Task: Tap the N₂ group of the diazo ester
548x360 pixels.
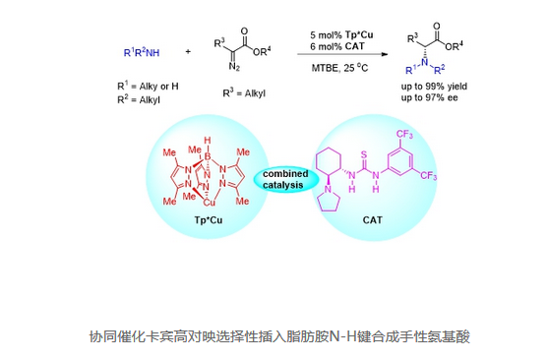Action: coord(234,68)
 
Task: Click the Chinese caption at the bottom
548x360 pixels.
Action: coord(273,336)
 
